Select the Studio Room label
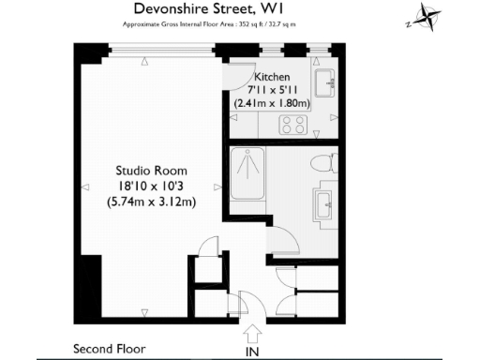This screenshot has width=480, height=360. pyautogui.click(x=151, y=171)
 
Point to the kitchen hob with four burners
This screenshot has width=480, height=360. pyautogui.click(x=291, y=123)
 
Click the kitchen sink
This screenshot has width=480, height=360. pyautogui.click(x=327, y=82)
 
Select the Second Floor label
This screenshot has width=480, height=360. pyautogui.click(x=110, y=349)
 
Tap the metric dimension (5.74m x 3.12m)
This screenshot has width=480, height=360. pyautogui.click(x=151, y=201)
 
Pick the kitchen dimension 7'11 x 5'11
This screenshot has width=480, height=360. pyautogui.click(x=271, y=90)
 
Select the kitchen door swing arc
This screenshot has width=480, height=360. pyautogui.click(x=238, y=77)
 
